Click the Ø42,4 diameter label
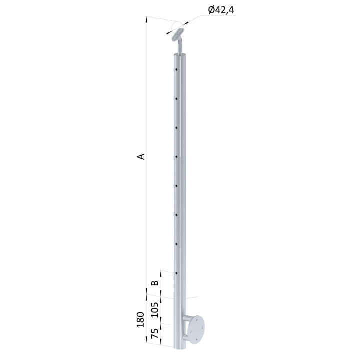(x=221, y=10)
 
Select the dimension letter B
(x=155, y=283)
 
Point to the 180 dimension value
(x=140, y=320)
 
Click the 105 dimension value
(x=155, y=310)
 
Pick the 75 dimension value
(x=155, y=334)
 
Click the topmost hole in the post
(x=176, y=69)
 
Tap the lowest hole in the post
(x=177, y=273)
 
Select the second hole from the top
(x=176, y=98)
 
